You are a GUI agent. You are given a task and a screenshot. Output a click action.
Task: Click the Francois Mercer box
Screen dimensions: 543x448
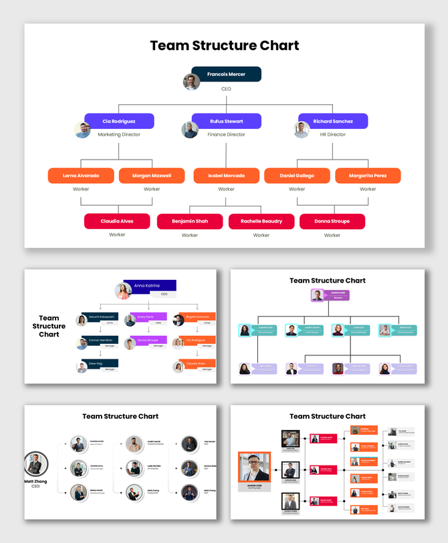tap(226, 74)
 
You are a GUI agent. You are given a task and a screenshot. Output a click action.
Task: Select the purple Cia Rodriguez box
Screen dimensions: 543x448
tap(119, 121)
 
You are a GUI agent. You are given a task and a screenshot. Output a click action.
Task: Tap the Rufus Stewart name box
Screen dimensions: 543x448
tap(226, 121)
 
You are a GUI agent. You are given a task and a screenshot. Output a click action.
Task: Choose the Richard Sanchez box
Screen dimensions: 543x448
tap(333, 121)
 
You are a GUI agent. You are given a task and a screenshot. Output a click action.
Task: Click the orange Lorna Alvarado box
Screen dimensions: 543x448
tap(81, 176)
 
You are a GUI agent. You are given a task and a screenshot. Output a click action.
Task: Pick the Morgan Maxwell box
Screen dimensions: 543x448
tap(152, 176)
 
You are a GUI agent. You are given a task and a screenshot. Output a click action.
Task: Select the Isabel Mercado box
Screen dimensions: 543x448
tap(226, 176)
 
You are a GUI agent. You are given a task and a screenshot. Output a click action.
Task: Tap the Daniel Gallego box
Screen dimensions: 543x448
tap(297, 176)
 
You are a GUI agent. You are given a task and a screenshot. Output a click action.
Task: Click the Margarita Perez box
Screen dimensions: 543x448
tap(368, 176)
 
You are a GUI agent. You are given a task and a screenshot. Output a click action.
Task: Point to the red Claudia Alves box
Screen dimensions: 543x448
tap(117, 221)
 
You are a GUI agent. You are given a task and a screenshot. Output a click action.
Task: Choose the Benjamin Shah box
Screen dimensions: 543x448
tap(190, 221)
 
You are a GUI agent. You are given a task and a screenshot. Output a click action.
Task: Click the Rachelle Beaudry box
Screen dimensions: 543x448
tap(261, 221)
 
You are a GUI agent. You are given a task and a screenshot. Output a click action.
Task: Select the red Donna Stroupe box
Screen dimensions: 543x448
tap(332, 221)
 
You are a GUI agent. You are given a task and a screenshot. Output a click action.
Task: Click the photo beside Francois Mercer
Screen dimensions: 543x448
tap(192, 81)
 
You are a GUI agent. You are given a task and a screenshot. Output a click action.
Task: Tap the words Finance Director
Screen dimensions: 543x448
tap(226, 134)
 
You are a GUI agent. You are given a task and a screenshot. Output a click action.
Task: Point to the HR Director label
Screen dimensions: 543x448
tap(332, 134)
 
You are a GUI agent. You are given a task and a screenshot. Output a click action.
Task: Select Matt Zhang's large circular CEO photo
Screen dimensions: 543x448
tap(35, 464)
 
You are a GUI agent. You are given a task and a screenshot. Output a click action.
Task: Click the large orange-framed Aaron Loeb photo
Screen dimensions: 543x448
tap(254, 467)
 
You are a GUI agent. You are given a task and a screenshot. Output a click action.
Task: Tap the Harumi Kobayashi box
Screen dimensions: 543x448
tap(101, 317)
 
